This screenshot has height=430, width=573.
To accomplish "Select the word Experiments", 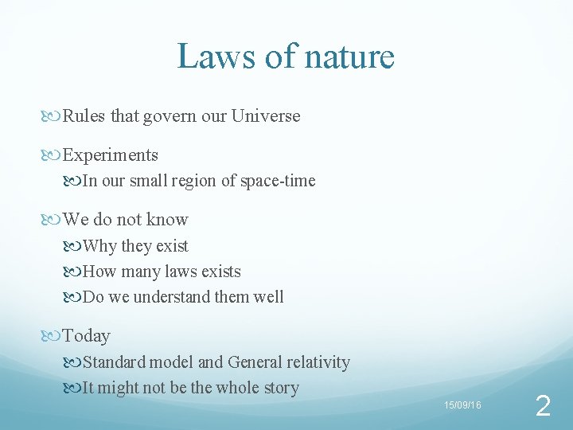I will [111, 155].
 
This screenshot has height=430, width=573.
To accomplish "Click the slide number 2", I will [543, 407].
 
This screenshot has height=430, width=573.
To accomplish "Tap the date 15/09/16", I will [462, 406].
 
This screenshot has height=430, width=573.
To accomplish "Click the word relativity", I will [318, 362].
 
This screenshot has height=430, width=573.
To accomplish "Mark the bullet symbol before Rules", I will [53, 116].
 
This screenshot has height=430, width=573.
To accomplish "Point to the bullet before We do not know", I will [53, 220].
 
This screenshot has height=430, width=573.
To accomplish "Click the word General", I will [257, 362].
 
